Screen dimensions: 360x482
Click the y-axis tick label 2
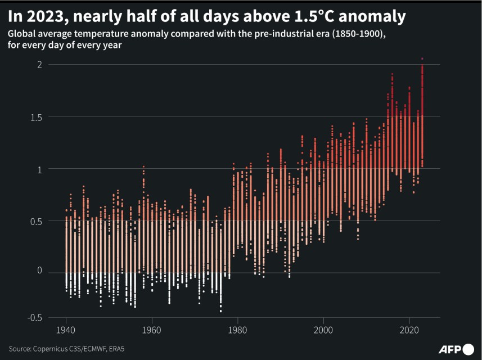click(x=39, y=65)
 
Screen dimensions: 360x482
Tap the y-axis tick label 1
click(x=39, y=169)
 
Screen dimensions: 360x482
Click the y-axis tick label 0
click(x=39, y=271)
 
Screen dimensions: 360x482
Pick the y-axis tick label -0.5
click(x=34, y=317)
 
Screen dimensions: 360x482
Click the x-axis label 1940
click(x=66, y=329)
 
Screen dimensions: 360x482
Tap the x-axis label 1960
click(x=152, y=329)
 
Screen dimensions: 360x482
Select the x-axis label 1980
click(x=238, y=329)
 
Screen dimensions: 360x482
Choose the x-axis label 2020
click(x=409, y=329)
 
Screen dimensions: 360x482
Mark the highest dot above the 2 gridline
click(x=422, y=58)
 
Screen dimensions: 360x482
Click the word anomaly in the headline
click(x=371, y=16)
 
